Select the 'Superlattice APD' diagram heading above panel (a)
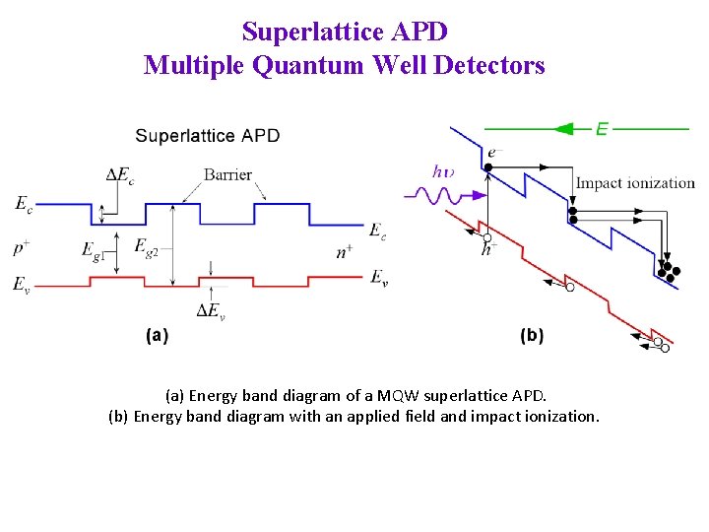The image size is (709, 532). [x=207, y=135]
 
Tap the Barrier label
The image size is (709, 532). [x=227, y=175]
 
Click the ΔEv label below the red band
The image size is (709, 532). [x=211, y=311]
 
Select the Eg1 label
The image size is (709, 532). [x=92, y=250]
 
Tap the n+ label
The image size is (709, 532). [x=345, y=252]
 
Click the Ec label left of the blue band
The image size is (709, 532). [x=22, y=204]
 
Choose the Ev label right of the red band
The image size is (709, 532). [x=378, y=277]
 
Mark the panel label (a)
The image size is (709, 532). [x=157, y=336]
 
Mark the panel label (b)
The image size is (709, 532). [x=531, y=336]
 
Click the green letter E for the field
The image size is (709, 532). [x=602, y=128]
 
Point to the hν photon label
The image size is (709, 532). [x=443, y=171]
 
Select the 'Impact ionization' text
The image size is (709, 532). [x=635, y=182]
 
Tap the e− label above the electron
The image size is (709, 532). [x=494, y=152]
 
